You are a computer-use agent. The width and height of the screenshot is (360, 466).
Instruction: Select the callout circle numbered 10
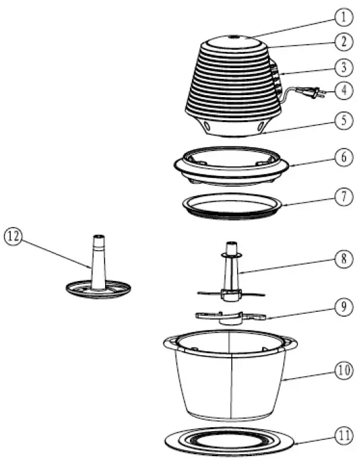pos(341,370)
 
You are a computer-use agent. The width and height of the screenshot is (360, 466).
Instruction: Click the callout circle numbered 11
pos(341,434)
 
